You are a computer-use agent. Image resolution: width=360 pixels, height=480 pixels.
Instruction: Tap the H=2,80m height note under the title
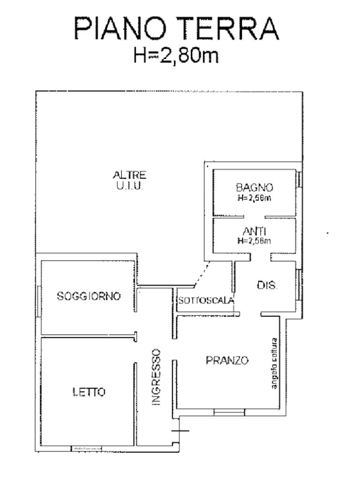point(177,55)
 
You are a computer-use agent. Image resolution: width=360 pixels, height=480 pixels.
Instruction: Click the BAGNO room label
point(255,187)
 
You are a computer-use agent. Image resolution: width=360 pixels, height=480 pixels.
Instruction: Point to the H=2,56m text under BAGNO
point(255,198)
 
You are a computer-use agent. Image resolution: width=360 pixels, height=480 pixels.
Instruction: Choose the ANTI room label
point(255,232)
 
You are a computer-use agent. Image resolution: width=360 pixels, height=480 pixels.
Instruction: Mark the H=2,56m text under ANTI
point(255,241)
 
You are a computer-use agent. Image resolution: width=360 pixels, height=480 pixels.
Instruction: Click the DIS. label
point(267,285)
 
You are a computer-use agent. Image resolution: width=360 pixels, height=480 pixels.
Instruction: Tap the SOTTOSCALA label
point(206,301)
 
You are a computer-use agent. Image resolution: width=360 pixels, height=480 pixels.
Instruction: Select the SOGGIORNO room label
point(89,296)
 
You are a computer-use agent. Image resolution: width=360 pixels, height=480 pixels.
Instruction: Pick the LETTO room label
point(89,392)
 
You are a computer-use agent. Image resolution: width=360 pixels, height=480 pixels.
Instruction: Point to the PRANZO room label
point(227,360)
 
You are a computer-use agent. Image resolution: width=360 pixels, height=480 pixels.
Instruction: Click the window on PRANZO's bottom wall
point(229,412)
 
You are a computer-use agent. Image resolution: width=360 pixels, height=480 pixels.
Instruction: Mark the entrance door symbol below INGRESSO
point(179,430)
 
